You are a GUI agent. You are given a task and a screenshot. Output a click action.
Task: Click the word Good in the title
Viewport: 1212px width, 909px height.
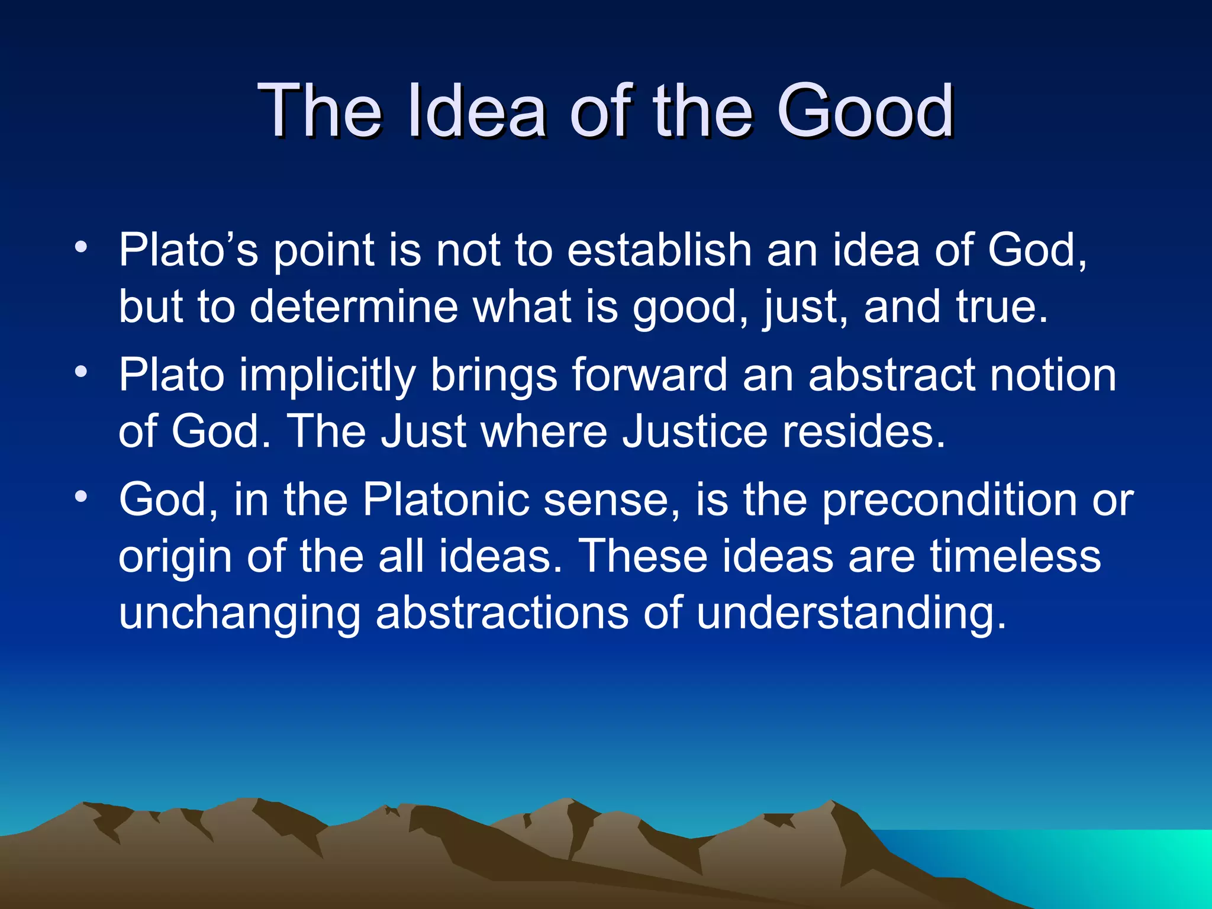click(x=865, y=111)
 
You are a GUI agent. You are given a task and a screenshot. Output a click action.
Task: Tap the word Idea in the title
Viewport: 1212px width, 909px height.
click(x=476, y=111)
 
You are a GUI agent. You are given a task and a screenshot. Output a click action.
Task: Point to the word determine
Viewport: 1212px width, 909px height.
click(x=353, y=307)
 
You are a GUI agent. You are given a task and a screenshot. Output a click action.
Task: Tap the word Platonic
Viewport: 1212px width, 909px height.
click(x=446, y=499)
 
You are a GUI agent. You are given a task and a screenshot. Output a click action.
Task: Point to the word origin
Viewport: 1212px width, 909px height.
click(x=175, y=557)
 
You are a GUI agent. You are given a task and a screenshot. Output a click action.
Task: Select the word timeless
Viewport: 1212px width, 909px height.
click(x=1014, y=556)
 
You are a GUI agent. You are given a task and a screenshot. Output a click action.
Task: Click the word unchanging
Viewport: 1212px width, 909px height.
click(x=240, y=613)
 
